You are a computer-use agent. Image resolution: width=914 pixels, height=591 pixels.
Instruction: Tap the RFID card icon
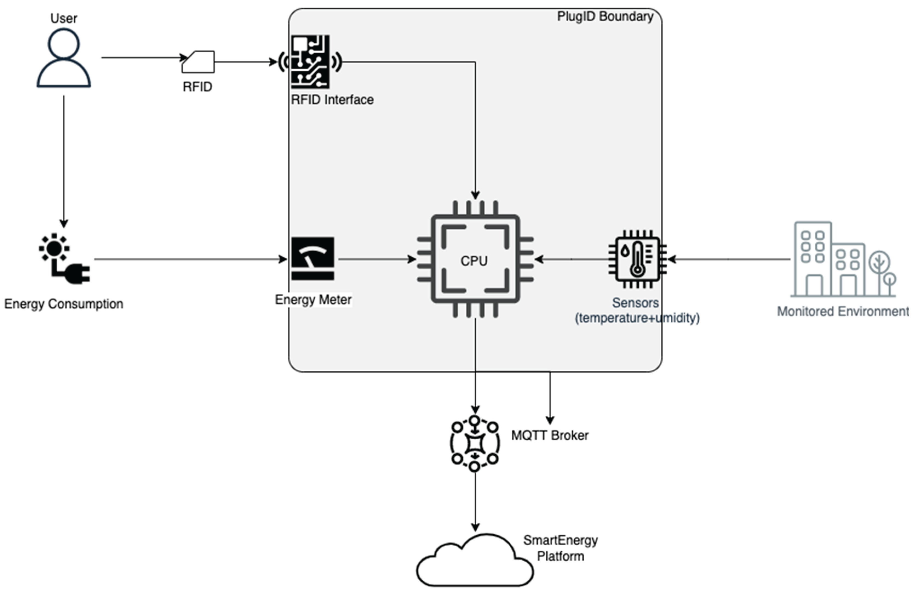pyautogui.click(x=198, y=62)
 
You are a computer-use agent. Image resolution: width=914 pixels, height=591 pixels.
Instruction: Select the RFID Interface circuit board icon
pyautogui.click(x=310, y=62)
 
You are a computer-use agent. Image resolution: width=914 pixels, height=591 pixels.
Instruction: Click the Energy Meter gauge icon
pyautogui.click(x=313, y=259)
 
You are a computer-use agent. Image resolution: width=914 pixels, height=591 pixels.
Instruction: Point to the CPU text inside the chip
pyautogui.click(x=474, y=261)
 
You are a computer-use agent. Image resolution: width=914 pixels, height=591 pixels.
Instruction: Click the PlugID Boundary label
pyautogui.click(x=605, y=16)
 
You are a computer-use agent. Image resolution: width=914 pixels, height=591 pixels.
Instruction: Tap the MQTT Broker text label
pyautogui.click(x=550, y=435)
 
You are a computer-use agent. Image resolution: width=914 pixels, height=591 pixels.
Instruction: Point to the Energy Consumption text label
pyautogui.click(x=64, y=304)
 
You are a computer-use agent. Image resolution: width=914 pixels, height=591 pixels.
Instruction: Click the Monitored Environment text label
pyautogui.click(x=843, y=311)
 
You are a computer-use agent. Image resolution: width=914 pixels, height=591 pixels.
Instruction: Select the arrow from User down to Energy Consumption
pyautogui.click(x=64, y=161)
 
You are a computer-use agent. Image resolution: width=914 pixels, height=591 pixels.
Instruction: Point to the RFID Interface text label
pyautogui.click(x=332, y=100)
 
